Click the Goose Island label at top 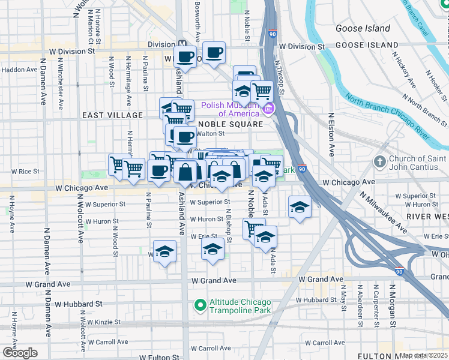(x=363, y=28)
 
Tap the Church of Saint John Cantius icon (x=379, y=162)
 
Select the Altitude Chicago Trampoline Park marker (x=200, y=306)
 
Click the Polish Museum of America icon (x=268, y=109)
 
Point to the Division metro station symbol (x=181, y=44)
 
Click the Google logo (x=20, y=353)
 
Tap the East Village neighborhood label (x=113, y=115)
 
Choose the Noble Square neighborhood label (x=230, y=124)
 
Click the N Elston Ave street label (x=331, y=135)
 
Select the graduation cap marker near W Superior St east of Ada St (x=300, y=207)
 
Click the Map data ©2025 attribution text (x=424, y=355)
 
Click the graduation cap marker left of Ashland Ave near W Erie (x=164, y=252)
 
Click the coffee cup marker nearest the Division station (x=185, y=58)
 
